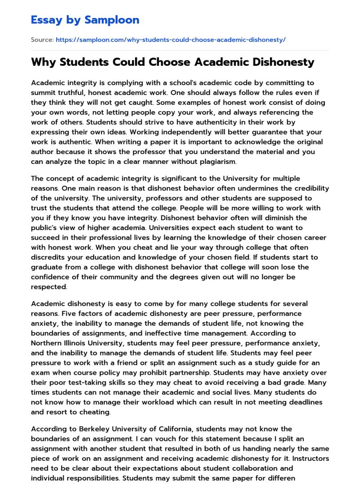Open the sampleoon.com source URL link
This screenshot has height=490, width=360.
tap(171, 40)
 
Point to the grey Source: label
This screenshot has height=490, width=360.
tap(42, 40)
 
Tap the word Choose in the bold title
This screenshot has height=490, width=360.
tap(167, 62)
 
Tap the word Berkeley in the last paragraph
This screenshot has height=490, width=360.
tap(91, 429)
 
